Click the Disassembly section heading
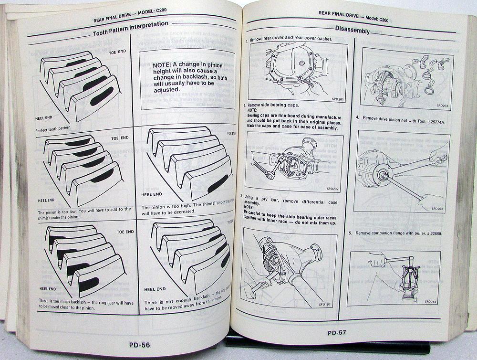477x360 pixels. [x=352, y=31]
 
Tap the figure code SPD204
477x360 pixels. [x=437, y=208]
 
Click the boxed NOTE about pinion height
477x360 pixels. [x=187, y=77]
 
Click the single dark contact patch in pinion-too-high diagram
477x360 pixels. [x=218, y=184]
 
